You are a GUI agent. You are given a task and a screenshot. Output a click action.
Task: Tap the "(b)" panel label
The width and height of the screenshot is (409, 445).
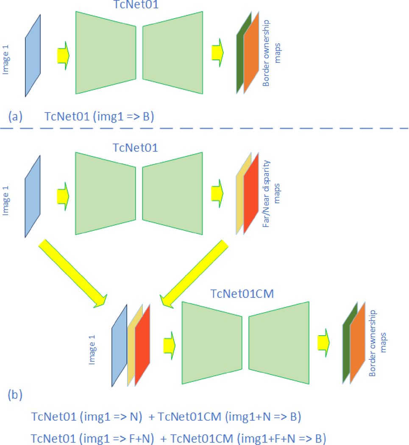(x=15, y=395)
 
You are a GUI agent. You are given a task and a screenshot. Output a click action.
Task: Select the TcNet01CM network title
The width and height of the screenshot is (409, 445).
(x=239, y=294)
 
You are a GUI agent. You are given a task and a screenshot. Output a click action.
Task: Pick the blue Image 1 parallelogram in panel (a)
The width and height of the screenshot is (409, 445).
(x=33, y=55)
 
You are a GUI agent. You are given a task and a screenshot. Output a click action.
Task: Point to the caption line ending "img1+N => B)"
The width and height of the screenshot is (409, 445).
(x=166, y=417)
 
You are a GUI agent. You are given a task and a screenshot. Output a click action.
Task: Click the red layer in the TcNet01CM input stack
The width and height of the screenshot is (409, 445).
(x=143, y=345)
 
